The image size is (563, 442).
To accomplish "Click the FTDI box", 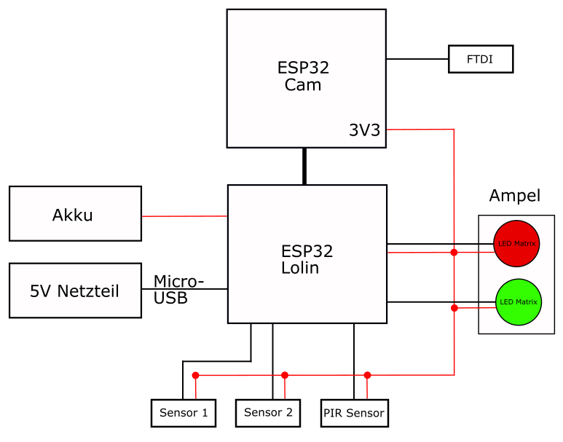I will [x=481, y=59].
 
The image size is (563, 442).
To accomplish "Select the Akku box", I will [x=75, y=213].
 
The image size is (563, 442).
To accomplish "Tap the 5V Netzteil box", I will [x=75, y=291].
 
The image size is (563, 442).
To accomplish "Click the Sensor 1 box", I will [x=184, y=413].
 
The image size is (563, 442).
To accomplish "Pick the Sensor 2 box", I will [x=268, y=413].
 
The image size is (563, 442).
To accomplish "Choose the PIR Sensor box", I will [x=354, y=413].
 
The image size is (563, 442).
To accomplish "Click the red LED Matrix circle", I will [x=517, y=243].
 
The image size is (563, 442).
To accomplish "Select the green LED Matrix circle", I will [x=518, y=301].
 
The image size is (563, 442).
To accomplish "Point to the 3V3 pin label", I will [x=364, y=131].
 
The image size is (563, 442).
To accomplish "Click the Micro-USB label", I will [x=178, y=290].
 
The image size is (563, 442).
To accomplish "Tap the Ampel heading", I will [x=514, y=196].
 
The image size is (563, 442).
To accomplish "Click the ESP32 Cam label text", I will [x=303, y=76].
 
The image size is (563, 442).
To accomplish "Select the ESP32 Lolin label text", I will [x=307, y=259].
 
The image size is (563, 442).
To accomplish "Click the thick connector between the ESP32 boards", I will [x=304, y=166].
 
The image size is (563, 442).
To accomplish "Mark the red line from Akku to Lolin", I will [x=184, y=216].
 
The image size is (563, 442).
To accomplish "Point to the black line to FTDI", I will [x=417, y=59].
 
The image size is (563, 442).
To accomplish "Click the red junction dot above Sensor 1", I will [x=195, y=376].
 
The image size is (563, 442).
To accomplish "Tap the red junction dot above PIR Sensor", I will [x=367, y=375].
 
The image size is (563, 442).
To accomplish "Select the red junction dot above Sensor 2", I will [x=284, y=375].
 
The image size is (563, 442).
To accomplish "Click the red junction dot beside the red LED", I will [x=454, y=253].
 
